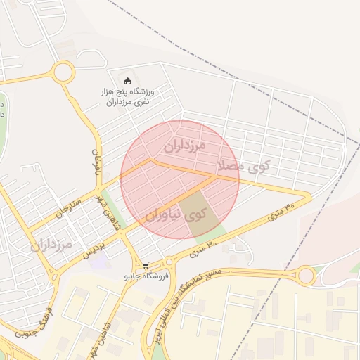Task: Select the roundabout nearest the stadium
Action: pos(63,72)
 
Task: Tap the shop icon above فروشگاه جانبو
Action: pos(146,266)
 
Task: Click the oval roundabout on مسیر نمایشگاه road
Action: pos(305,276)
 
